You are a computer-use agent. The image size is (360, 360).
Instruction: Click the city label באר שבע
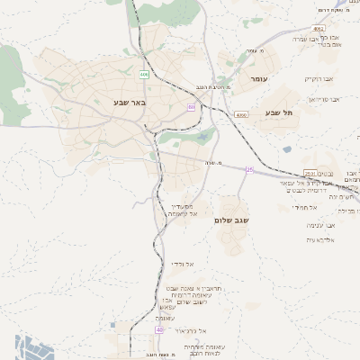coord(130,103)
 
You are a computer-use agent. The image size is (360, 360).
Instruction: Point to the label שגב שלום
coord(231,220)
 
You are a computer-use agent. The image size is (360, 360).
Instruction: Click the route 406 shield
coord(144,75)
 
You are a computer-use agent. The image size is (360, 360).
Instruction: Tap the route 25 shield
coord(250,169)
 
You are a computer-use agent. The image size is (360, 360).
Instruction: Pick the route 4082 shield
coord(319,29)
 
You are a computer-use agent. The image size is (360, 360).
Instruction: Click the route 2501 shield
coord(310,174)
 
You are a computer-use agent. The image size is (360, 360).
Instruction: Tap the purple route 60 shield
coord(191,107)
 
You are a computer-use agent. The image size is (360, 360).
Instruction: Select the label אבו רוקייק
coord(319,78)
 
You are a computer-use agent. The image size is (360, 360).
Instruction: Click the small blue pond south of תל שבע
coord(286,149)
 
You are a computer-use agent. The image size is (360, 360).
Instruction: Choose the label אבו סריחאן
coord(325,99)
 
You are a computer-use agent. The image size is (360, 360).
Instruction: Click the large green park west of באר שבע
coord(10,71)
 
